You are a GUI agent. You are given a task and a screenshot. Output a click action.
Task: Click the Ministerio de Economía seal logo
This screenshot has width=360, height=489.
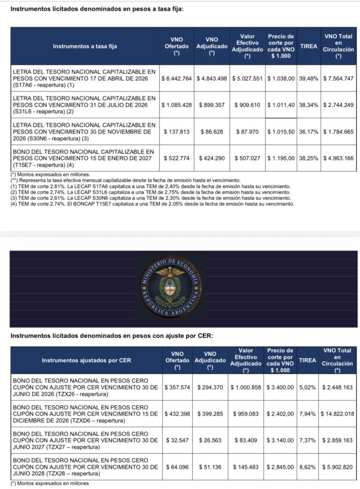pyautogui.click(x=170, y=289)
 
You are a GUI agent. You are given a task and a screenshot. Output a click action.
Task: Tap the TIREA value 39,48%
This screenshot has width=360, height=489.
pyautogui.click(x=308, y=78)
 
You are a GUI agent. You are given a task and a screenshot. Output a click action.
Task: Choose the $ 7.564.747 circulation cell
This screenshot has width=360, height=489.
pyautogui.click(x=338, y=78)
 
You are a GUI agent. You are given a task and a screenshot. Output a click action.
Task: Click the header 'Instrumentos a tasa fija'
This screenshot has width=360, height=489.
pyautogui.click(x=85, y=46)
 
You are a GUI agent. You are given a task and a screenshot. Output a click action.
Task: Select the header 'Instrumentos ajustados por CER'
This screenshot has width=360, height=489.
pyautogui.click(x=86, y=360)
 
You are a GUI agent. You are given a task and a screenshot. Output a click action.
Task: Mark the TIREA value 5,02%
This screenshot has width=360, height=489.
pyautogui.click(x=308, y=387)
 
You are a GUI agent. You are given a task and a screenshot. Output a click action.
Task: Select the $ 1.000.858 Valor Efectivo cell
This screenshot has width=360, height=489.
pyautogui.click(x=247, y=387)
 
